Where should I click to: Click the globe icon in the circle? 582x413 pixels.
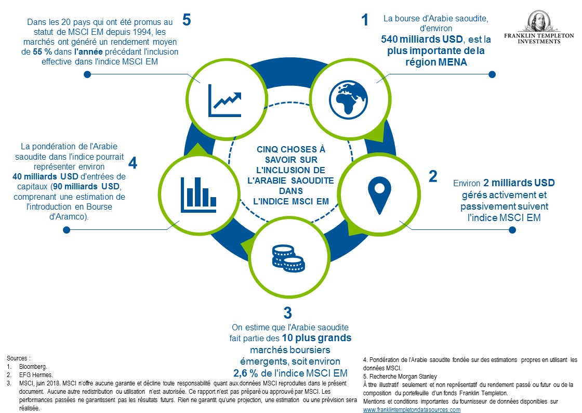(348, 99)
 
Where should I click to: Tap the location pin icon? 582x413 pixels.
(379, 196)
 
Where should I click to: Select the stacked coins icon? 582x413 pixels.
(288, 259)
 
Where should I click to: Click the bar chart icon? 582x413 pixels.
(199, 195)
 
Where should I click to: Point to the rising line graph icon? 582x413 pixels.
(225, 101)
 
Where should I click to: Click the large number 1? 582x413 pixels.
(365, 20)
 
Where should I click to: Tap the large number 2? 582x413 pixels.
(433, 176)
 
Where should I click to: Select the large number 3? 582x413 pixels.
(288, 313)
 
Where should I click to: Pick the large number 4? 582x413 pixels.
(133, 163)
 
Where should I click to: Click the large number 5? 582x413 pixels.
(187, 20)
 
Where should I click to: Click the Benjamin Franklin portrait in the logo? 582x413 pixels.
(538, 21)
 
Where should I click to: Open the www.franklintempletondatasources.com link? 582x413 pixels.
(412, 410)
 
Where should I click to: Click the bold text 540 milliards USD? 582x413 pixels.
(421, 39)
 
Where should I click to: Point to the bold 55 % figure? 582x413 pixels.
(42, 51)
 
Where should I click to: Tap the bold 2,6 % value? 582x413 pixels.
(246, 373)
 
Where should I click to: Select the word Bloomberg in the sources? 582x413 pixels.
(33, 367)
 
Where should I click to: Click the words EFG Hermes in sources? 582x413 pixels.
(36, 375)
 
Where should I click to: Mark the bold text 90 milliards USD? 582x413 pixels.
(86, 186)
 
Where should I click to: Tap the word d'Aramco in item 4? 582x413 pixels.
(68, 216)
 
